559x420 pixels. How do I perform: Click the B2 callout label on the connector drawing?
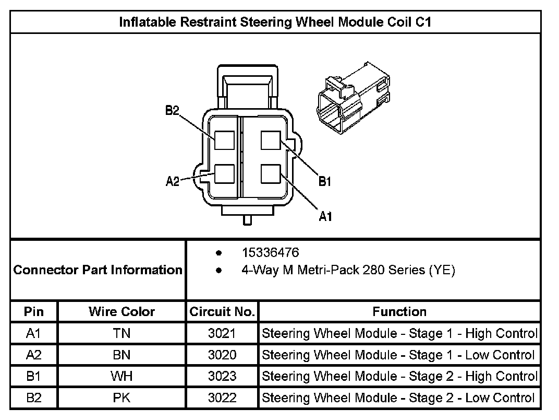tap(172, 110)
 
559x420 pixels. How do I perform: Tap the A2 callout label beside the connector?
tap(173, 181)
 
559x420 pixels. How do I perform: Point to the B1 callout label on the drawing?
tap(325, 181)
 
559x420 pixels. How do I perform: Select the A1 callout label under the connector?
tap(325, 216)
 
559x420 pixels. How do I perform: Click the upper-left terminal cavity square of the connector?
tap(225, 140)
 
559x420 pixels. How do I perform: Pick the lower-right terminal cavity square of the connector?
tap(271, 173)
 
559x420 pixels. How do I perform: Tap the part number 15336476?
tap(270, 253)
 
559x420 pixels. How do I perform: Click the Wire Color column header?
tap(121, 312)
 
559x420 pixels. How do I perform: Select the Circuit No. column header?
tap(222, 312)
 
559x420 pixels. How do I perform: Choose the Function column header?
tap(399, 312)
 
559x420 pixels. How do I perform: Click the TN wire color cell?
tap(121, 333)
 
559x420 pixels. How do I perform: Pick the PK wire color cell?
tap(121, 398)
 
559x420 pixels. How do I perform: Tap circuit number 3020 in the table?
tap(222, 355)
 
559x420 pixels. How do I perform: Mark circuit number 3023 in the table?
tap(222, 376)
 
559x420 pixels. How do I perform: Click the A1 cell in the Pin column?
tap(34, 333)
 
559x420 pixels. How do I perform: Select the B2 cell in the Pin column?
tap(34, 398)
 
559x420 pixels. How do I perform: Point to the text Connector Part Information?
tap(98, 270)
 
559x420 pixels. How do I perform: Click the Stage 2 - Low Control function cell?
tap(399, 398)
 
